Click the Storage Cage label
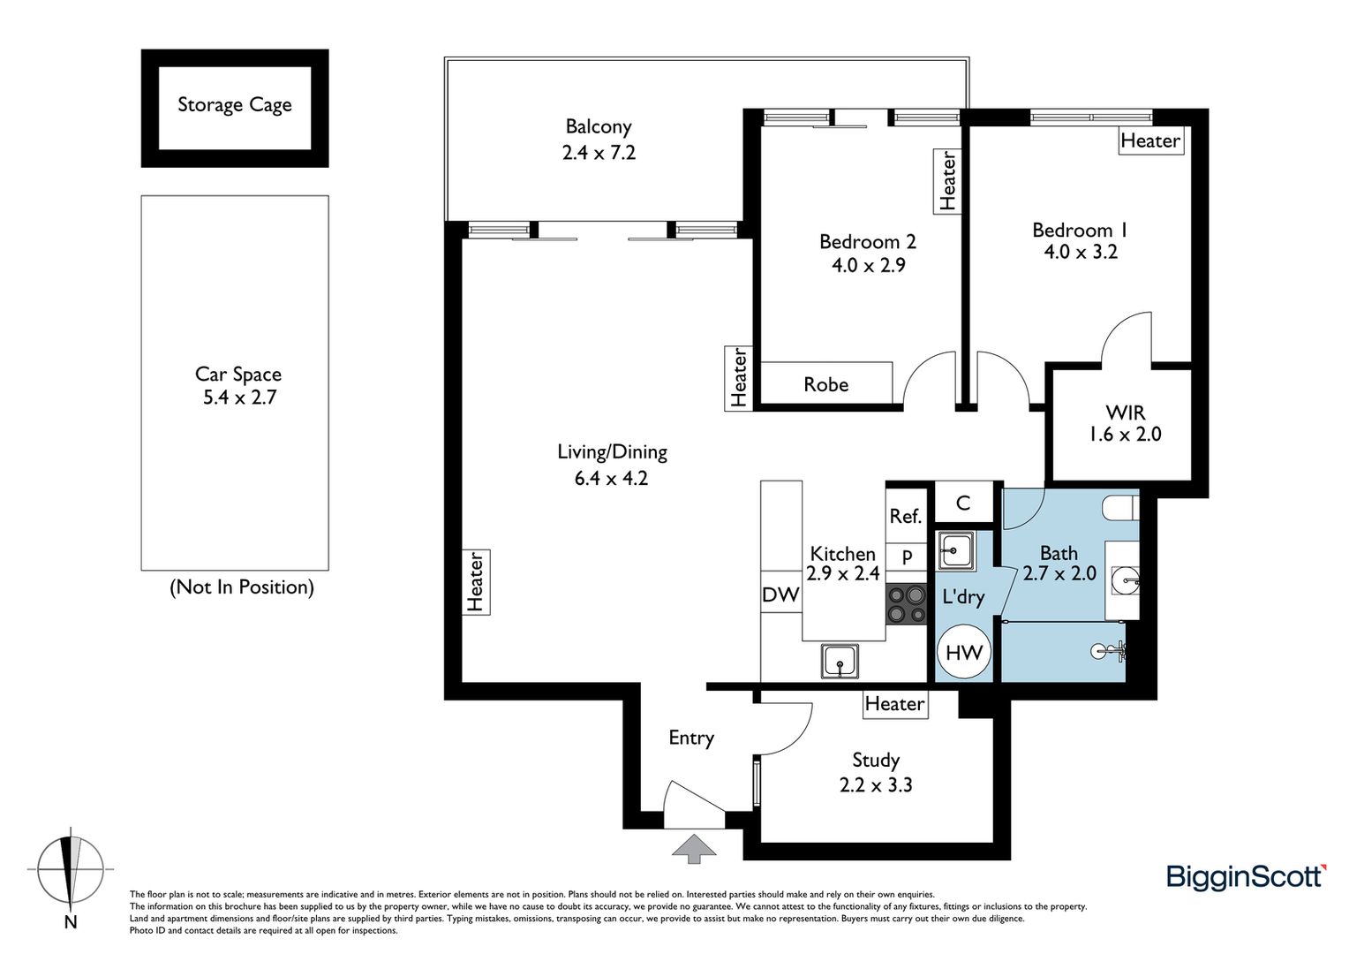(234, 105)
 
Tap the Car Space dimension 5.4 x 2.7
(239, 397)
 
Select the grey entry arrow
(695, 849)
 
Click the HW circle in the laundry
(964, 652)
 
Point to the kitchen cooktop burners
(906, 604)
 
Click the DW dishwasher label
(780, 594)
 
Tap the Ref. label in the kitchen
(906, 516)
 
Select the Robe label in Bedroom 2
(825, 384)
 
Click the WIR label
(1125, 413)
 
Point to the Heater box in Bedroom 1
(1151, 140)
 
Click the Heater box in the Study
(895, 704)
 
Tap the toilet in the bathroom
(1120, 507)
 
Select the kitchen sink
(840, 662)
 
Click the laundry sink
(956, 550)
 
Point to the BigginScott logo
(1246, 876)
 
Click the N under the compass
(71, 922)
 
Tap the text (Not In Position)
(242, 587)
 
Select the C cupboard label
(963, 503)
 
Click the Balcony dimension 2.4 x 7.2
(599, 153)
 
